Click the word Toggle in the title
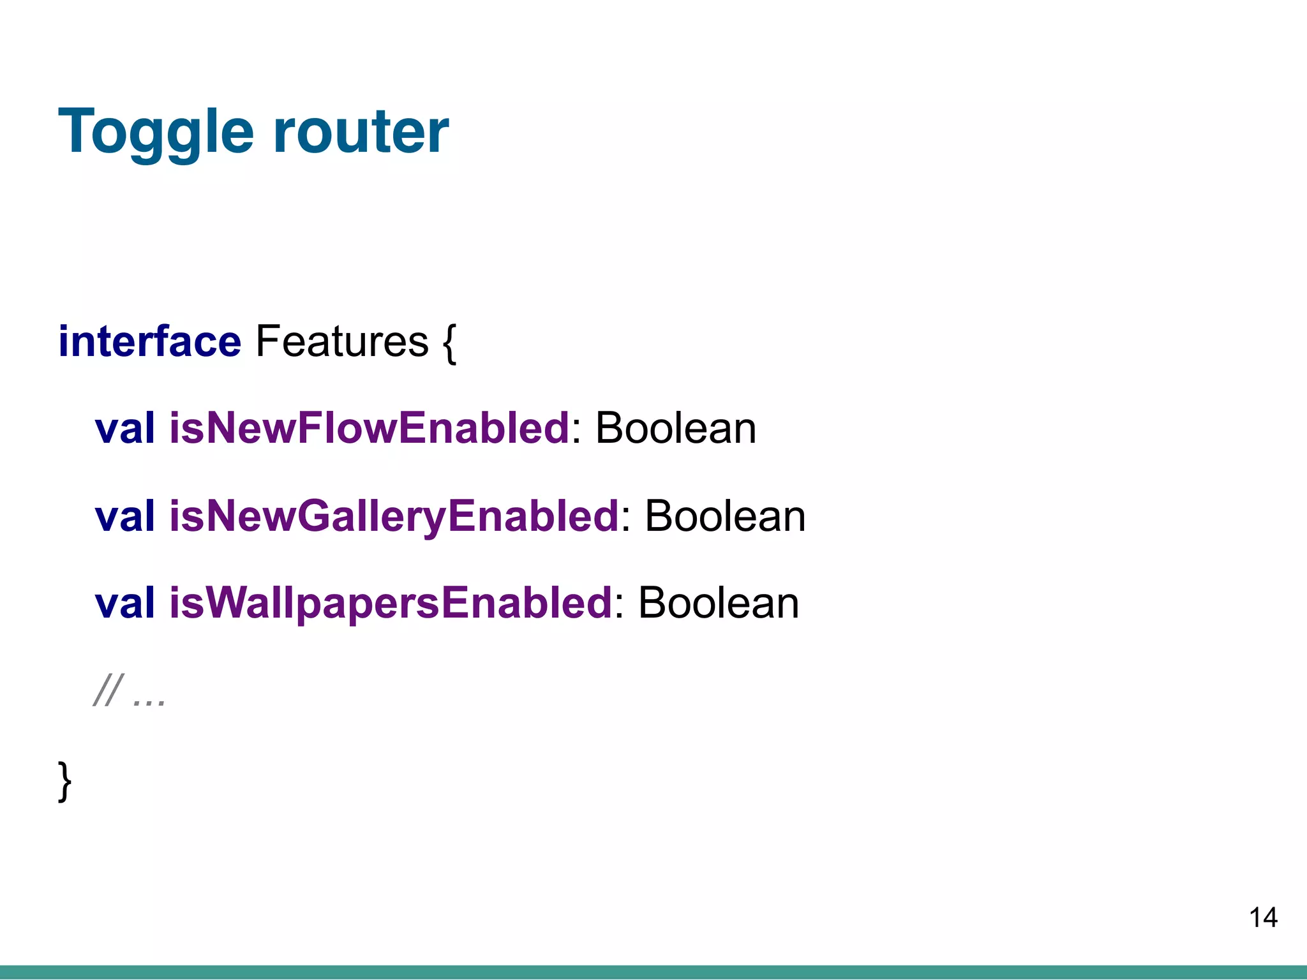(x=156, y=133)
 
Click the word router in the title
(x=361, y=133)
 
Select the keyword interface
(x=149, y=342)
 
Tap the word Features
(x=341, y=342)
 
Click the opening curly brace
(x=449, y=343)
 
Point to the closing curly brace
(x=64, y=780)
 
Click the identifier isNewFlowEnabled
(x=369, y=428)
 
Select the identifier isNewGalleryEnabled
(x=394, y=516)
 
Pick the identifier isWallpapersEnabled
(x=391, y=603)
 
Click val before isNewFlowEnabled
(x=125, y=428)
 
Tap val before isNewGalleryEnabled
(x=125, y=516)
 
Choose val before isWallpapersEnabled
(x=125, y=603)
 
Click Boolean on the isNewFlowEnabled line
(x=675, y=428)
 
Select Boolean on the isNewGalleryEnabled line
(x=725, y=516)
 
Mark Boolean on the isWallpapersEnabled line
(x=718, y=603)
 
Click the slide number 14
(x=1263, y=918)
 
